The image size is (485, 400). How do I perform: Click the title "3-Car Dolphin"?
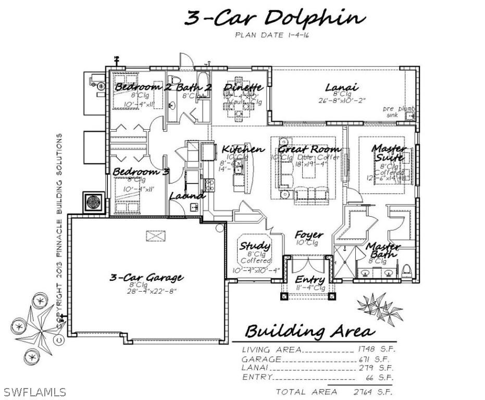click(273, 18)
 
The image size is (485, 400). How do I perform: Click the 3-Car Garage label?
click(146, 277)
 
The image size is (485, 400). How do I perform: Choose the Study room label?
click(255, 245)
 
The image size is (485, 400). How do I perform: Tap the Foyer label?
click(308, 235)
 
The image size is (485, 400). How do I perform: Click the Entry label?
click(310, 280)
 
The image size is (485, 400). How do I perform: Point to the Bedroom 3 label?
click(141, 171)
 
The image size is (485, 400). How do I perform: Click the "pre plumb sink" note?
click(399, 111)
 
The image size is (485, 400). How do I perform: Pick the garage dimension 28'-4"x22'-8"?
click(147, 291)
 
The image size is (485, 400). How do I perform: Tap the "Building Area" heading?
click(309, 331)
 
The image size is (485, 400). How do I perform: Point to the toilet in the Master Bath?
click(408, 271)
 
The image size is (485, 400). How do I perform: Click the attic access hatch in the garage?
click(155, 236)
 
